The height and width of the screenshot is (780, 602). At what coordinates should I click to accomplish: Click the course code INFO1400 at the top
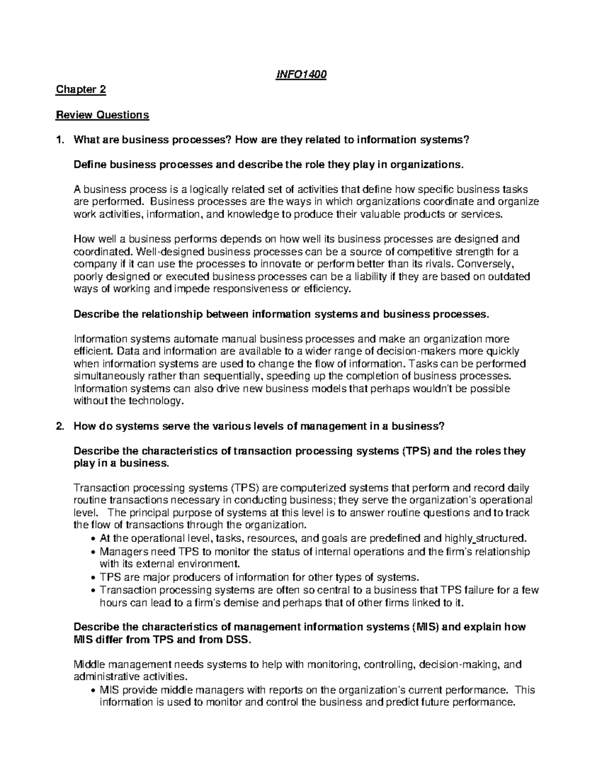coord(301,75)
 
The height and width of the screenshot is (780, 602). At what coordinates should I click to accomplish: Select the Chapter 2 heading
coord(81,90)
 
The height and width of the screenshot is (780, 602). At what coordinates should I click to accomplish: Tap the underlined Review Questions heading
coord(102,115)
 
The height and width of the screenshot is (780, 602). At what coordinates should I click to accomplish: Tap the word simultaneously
coord(104,376)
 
